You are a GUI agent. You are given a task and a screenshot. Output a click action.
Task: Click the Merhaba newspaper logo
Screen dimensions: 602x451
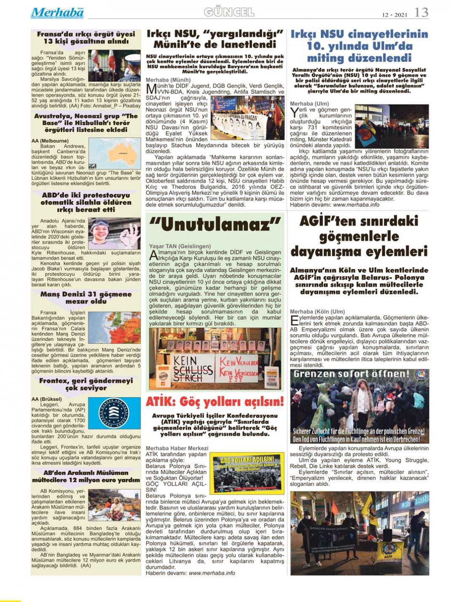tap(57, 13)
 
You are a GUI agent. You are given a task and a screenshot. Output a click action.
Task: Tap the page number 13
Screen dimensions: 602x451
tap(421, 12)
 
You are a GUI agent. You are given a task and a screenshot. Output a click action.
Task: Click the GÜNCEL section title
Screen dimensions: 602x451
tap(229, 12)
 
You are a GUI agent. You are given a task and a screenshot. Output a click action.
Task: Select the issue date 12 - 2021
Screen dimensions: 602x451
tap(395, 15)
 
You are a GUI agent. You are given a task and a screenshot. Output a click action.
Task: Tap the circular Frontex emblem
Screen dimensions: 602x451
tap(114, 413)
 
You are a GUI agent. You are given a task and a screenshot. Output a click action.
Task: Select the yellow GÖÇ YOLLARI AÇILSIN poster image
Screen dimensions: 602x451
tap(247, 473)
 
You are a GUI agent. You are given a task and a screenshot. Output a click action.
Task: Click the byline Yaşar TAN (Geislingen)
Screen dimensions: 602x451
tap(180, 246)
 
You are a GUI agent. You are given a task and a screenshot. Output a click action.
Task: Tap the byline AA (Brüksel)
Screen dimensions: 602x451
tap(46, 399)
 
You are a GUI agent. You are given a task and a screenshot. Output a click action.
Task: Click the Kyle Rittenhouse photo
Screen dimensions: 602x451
tap(114, 233)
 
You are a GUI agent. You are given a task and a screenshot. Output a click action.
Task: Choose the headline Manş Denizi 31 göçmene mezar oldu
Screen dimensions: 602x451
tap(86, 298)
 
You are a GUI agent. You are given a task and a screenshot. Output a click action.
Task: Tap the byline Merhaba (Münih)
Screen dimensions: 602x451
tap(168, 80)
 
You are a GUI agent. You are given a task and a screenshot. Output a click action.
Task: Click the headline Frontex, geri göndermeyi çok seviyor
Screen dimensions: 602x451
tap(86, 384)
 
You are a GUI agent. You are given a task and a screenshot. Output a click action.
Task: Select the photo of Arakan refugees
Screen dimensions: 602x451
tap(114, 505)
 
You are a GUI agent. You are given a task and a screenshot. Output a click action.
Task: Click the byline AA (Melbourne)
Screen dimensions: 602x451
tap(50, 141)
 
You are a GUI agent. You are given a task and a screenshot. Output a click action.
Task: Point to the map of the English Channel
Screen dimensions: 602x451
tap(114, 327)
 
